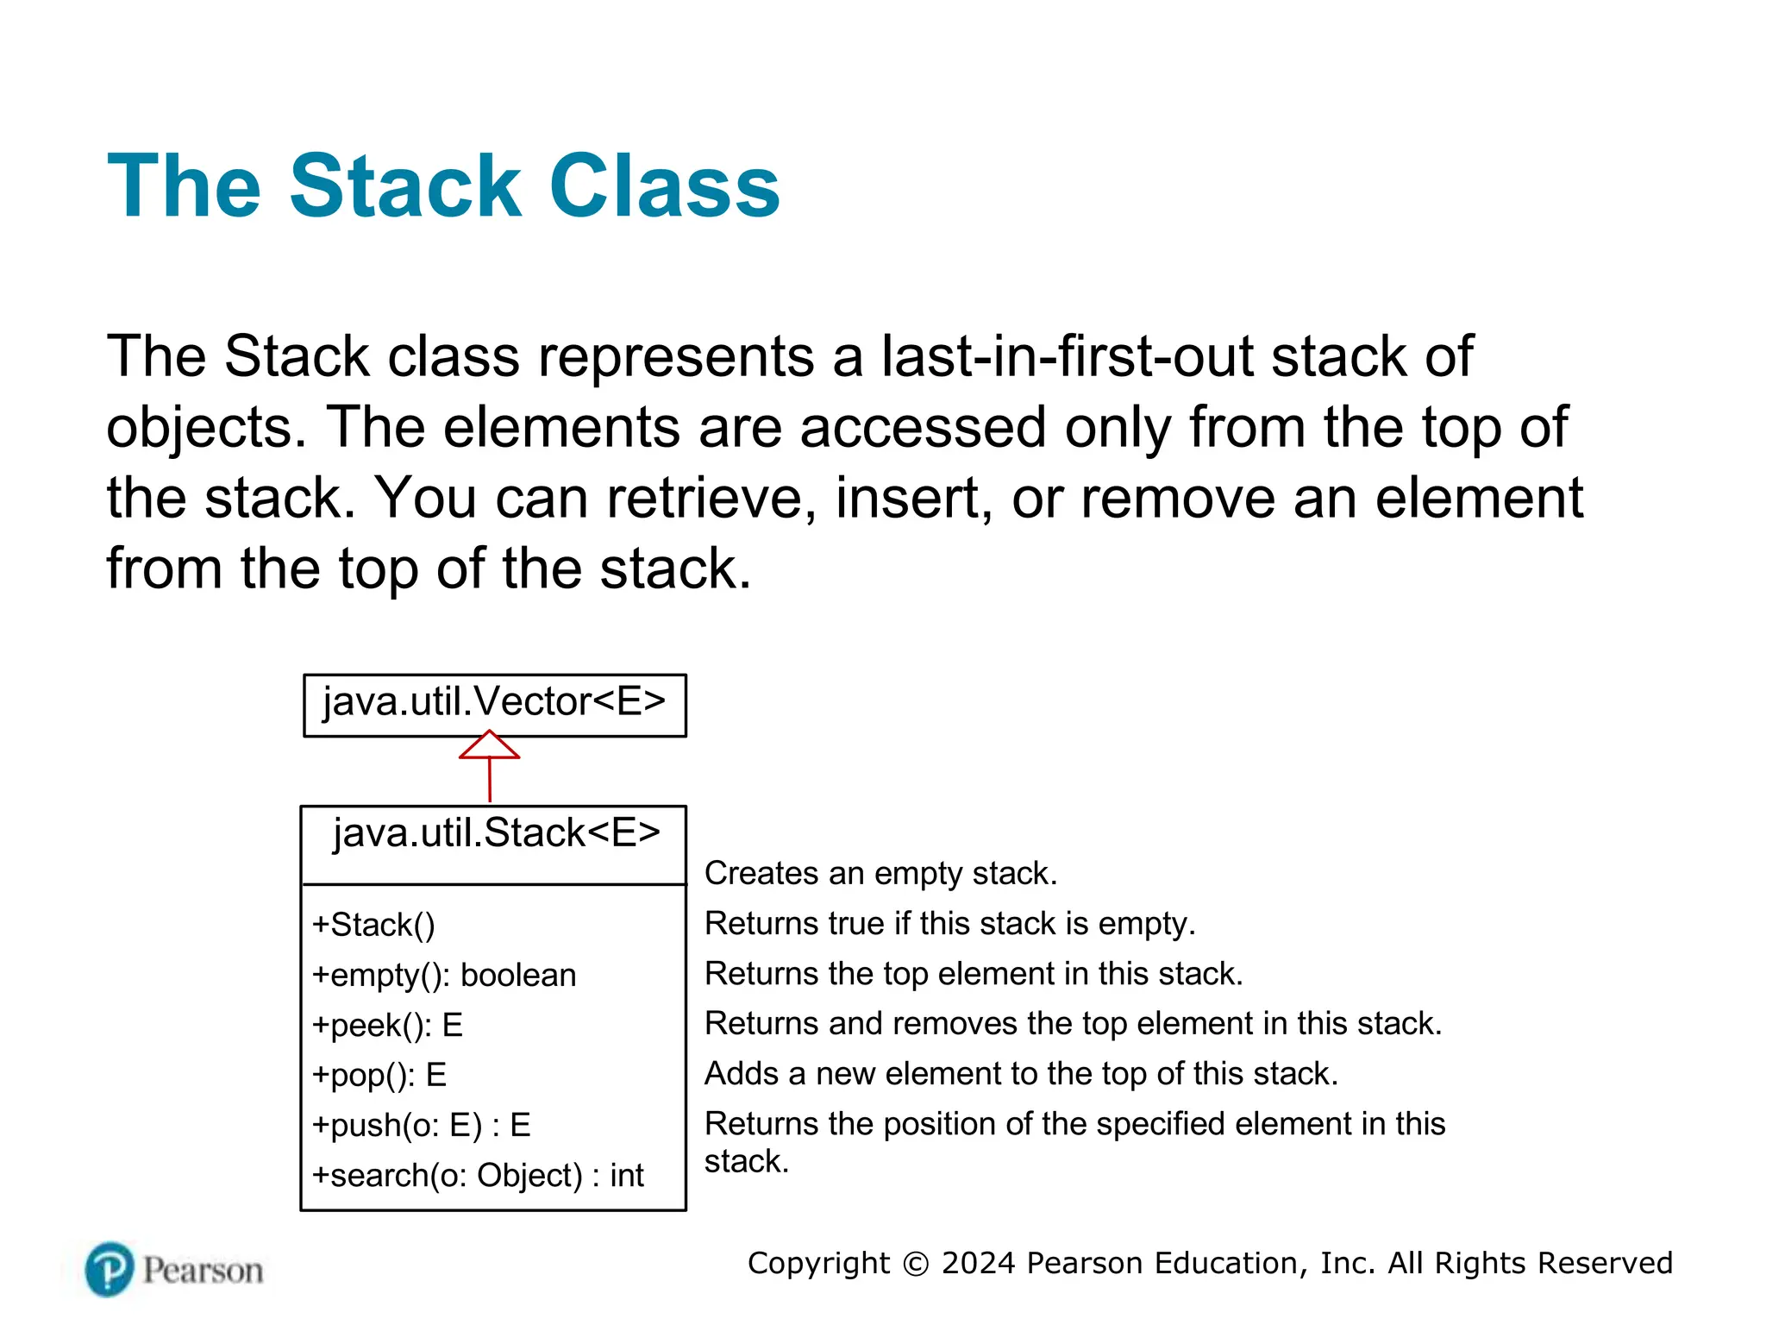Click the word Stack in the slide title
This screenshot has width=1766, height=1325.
tap(405, 186)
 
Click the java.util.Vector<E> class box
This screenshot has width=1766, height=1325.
tap(494, 704)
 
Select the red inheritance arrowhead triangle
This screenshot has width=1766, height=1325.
tap(489, 746)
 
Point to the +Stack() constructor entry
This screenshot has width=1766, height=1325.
tap(373, 926)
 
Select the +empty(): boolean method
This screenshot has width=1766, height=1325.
tap(444, 976)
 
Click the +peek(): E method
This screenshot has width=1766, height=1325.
tap(387, 1026)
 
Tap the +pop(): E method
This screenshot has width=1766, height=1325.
tap(379, 1076)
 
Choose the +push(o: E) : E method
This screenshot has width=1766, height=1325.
tap(421, 1126)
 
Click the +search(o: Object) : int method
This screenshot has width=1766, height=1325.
tap(478, 1176)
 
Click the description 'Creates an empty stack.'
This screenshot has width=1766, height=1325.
tap(880, 874)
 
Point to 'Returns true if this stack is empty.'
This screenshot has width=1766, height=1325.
tap(949, 924)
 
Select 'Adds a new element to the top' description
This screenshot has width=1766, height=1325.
tap(1021, 1074)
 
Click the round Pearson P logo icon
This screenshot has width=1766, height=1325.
tap(110, 1269)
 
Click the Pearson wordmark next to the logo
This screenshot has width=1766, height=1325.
tap(203, 1271)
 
